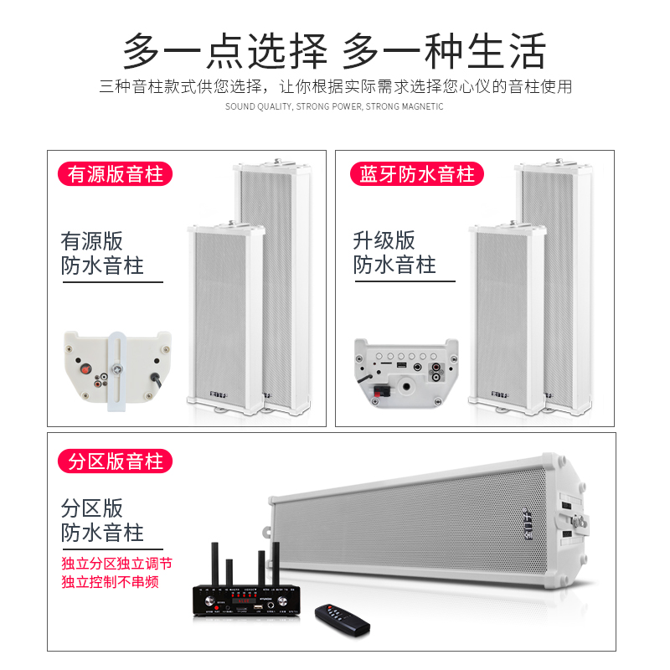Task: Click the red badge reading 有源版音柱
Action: pyautogui.click(x=116, y=174)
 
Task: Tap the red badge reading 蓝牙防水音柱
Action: pyautogui.click(x=416, y=174)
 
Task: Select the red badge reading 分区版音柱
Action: pyautogui.click(x=116, y=460)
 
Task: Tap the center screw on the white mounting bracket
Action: pyautogui.click(x=118, y=365)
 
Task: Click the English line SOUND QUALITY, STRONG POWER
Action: pyautogui.click(x=334, y=107)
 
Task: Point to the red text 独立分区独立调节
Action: pyautogui.click(x=116, y=564)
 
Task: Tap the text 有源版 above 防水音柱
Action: pyautogui.click(x=92, y=241)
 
